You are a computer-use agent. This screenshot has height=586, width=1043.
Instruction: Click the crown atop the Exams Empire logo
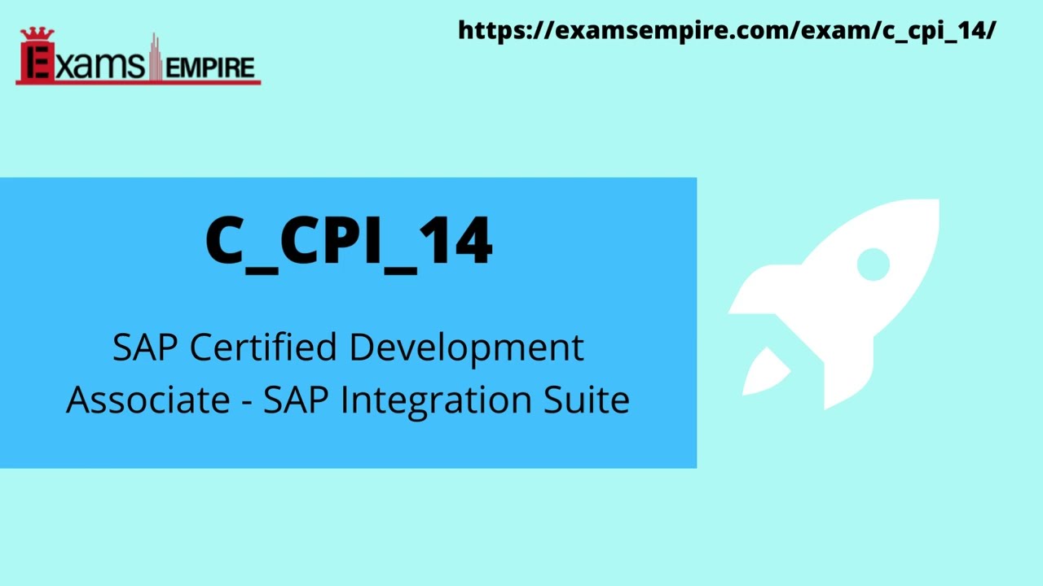(36, 34)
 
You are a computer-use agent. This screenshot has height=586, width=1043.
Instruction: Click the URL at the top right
(727, 31)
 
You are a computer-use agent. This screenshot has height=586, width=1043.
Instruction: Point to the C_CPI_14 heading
(349, 241)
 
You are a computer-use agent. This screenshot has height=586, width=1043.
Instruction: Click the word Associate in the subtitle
(137, 400)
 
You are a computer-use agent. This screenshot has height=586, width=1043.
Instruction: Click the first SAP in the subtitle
(147, 348)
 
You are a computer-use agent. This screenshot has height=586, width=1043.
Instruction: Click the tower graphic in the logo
(153, 57)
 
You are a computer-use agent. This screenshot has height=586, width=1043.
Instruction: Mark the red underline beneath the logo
(139, 82)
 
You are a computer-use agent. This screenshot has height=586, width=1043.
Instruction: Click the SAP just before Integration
(296, 400)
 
